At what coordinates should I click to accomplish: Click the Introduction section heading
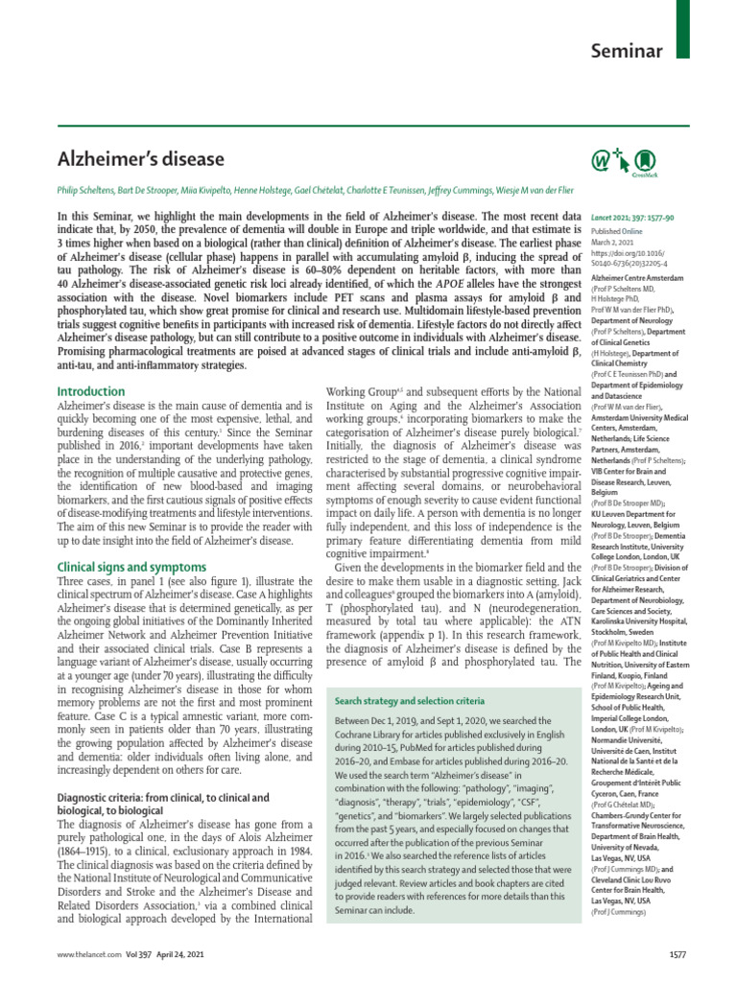91,391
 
